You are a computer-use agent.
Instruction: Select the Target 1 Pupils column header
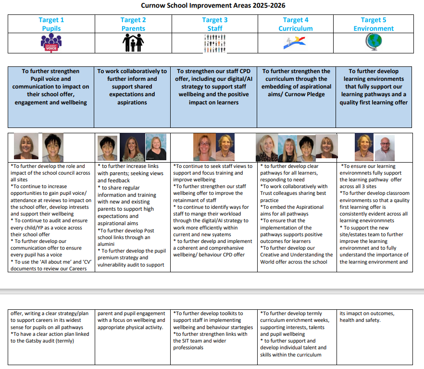pyautogui.click(x=51, y=24)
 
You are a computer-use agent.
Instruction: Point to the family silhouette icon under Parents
pyautogui.click(x=133, y=44)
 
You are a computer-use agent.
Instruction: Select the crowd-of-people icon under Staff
pyautogui.click(x=215, y=44)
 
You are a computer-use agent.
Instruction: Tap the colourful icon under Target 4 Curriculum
pyautogui.click(x=296, y=44)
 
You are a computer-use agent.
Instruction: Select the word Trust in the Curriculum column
pyautogui.click(x=268, y=193)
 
